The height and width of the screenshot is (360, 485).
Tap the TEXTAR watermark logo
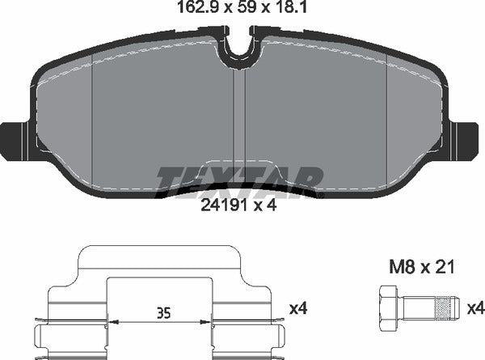coord(239,177)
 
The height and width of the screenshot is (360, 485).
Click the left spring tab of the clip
coord(44,332)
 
